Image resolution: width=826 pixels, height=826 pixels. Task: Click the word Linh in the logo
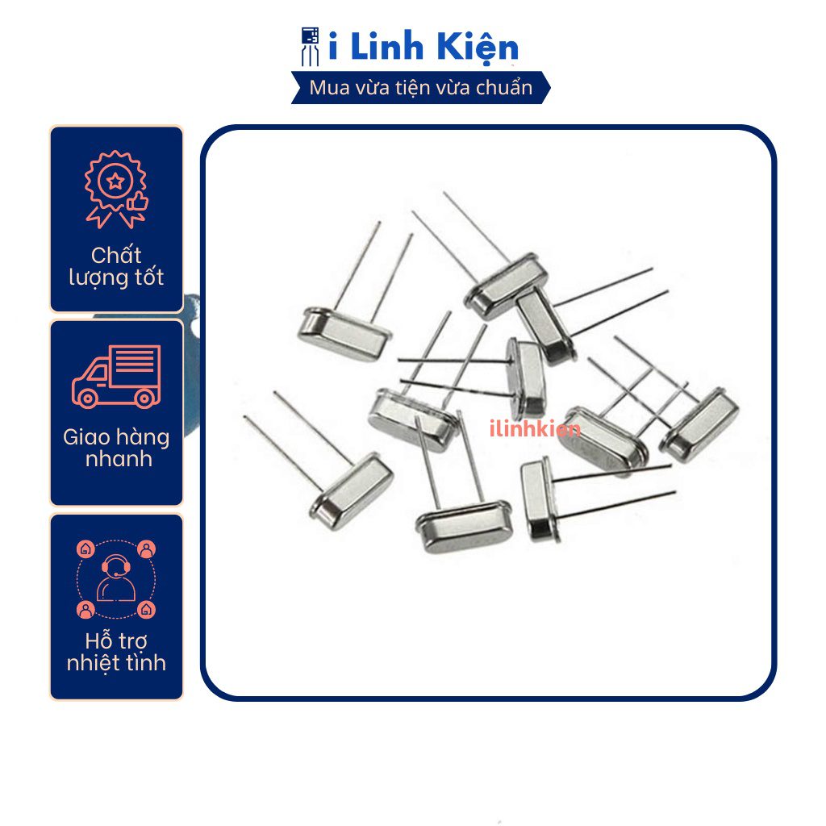click(386, 46)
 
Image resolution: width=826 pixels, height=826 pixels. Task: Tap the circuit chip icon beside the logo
click(310, 46)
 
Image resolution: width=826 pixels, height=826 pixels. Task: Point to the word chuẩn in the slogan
click(504, 87)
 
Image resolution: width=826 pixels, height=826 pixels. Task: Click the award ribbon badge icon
click(116, 189)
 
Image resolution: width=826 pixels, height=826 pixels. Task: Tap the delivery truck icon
click(116, 376)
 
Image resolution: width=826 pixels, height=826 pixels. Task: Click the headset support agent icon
click(116, 578)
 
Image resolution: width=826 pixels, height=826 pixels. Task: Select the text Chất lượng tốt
click(116, 267)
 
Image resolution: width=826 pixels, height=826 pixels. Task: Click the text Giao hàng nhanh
click(116, 448)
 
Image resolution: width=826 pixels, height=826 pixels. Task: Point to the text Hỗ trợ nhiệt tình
click(116, 652)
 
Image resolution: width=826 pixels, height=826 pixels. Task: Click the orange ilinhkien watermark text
click(535, 429)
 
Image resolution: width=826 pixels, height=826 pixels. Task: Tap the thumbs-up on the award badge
click(137, 202)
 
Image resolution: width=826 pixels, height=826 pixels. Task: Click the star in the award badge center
click(115, 181)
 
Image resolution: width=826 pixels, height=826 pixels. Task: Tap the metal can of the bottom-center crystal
click(464, 526)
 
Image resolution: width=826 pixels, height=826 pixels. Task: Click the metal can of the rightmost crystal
click(699, 426)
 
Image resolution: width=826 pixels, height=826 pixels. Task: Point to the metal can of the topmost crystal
click(507, 286)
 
